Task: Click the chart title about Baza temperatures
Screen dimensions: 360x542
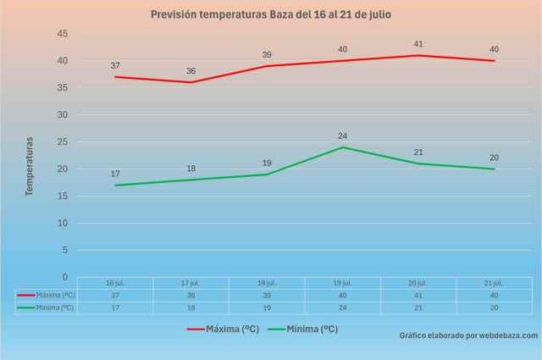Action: [x=271, y=14]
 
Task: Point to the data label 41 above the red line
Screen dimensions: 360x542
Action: [x=418, y=44]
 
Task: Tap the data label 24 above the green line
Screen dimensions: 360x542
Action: [x=342, y=136]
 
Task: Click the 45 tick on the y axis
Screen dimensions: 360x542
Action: [x=62, y=34]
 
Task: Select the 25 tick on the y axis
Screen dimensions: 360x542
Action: [x=62, y=142]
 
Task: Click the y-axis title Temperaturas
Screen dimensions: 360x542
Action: [x=29, y=166]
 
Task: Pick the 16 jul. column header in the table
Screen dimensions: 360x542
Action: [x=115, y=283]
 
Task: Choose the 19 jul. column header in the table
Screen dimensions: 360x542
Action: [x=342, y=283]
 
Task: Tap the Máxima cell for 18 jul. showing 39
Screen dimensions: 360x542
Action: [x=267, y=295]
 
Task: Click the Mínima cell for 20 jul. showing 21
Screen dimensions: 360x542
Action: [x=418, y=307]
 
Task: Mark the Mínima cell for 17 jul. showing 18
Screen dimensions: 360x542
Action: [x=191, y=307]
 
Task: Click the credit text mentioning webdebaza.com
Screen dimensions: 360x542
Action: [x=468, y=335]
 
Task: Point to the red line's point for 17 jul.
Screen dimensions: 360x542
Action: [x=191, y=82]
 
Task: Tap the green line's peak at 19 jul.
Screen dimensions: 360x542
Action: [x=342, y=147]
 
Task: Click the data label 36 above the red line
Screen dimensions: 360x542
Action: [x=191, y=71]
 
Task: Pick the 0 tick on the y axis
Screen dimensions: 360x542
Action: [x=64, y=277]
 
